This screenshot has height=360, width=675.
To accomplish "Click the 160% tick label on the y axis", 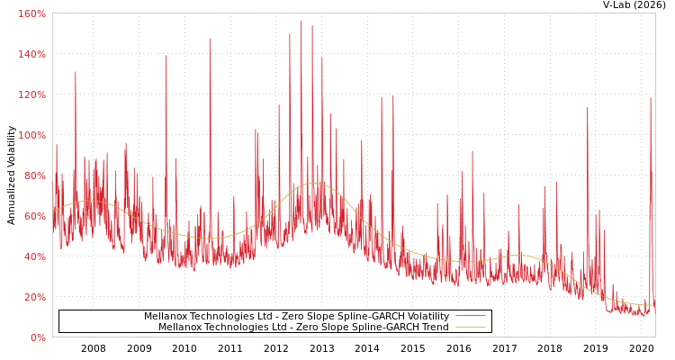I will [31, 13].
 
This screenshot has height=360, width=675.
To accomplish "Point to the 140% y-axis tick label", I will [31, 54].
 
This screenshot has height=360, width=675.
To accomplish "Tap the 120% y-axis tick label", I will [31, 94].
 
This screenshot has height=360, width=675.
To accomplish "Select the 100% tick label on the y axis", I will [31, 135].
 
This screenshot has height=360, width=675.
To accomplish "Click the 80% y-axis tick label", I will [34, 175].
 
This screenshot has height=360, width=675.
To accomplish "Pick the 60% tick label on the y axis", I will [34, 216].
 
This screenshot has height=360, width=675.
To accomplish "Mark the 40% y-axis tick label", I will [34, 256].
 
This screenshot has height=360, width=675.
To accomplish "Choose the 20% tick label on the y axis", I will [34, 297].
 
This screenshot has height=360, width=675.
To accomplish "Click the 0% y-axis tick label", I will [37, 337].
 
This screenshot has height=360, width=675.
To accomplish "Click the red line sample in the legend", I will [470, 316].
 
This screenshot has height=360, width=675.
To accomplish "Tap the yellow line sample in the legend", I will [470, 327].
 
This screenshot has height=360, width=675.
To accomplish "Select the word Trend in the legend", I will [433, 327].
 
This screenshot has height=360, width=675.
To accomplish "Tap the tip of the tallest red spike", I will [301, 22].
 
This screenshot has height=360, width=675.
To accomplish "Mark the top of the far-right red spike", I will [651, 97].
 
